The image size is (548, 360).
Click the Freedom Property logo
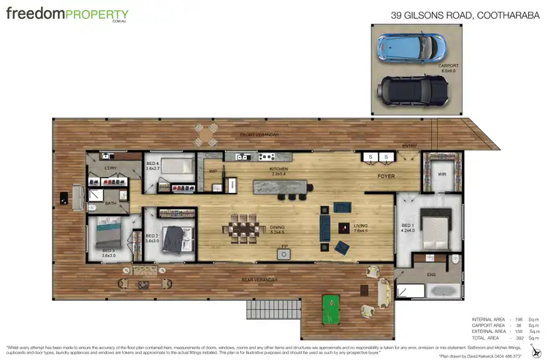click(67, 15)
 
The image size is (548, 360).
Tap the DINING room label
click(277, 228)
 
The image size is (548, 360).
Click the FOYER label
click(386, 176)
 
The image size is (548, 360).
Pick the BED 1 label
click(408, 226)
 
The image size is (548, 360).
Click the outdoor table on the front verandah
click(205, 134)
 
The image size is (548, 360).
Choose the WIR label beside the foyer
click(442, 175)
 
